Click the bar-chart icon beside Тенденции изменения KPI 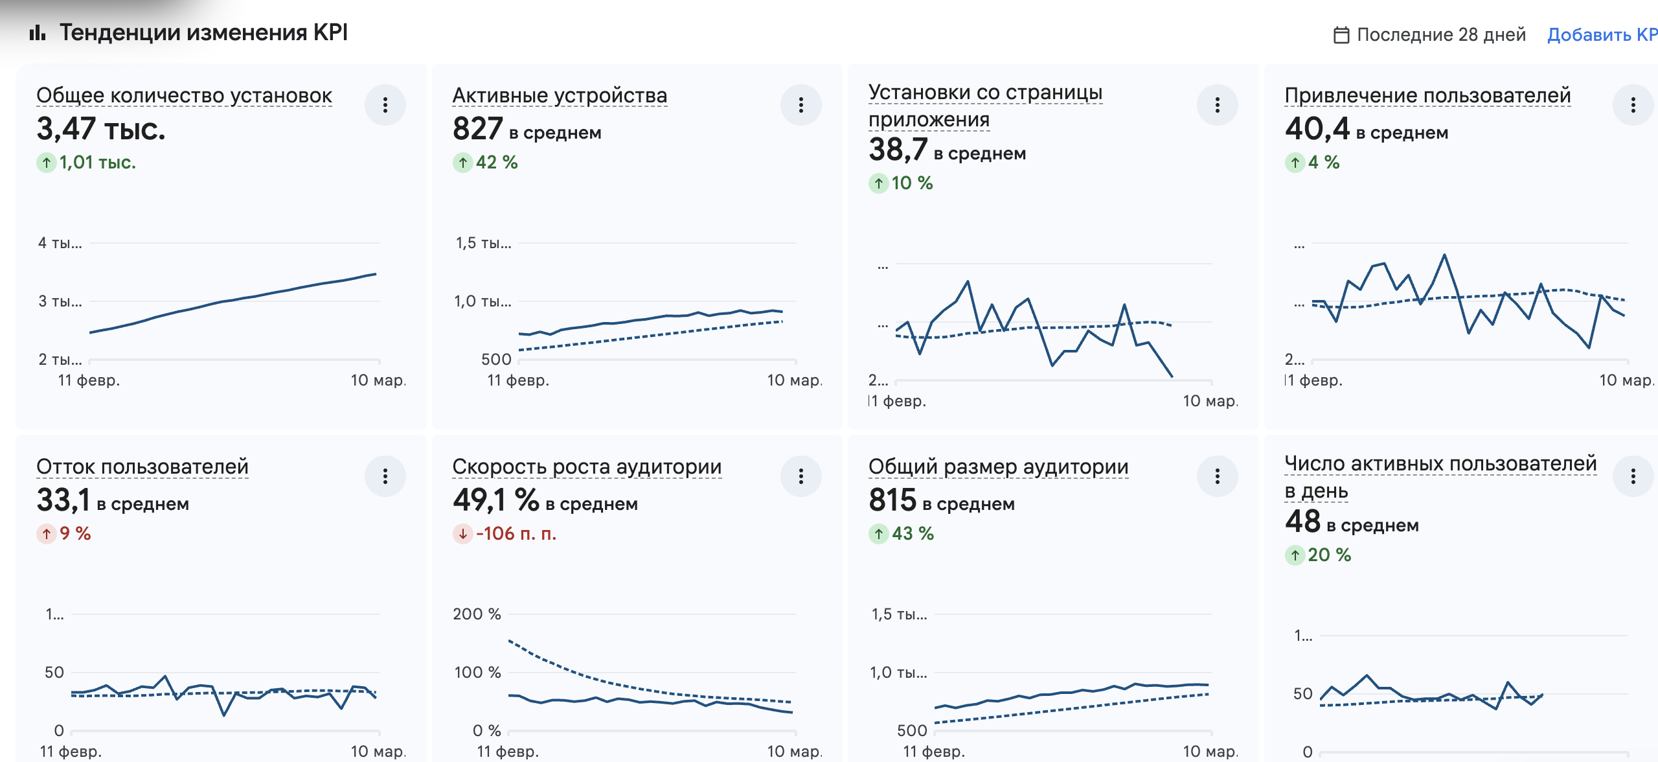click(x=38, y=32)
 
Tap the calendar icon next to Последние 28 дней click(x=1341, y=35)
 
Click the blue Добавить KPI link click(x=1602, y=34)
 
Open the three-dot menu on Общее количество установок click(x=385, y=105)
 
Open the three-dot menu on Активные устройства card click(x=801, y=105)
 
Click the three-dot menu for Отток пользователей click(x=385, y=476)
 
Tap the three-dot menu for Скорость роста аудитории click(x=801, y=476)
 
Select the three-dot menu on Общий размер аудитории click(x=1218, y=476)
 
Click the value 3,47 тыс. click(x=101, y=129)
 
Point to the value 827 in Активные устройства click(x=478, y=129)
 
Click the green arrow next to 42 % click(x=462, y=163)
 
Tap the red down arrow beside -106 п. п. click(x=462, y=534)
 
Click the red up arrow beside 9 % click(x=47, y=534)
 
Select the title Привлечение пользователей click(x=1427, y=95)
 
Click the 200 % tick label click(x=477, y=614)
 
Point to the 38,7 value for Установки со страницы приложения click(x=898, y=150)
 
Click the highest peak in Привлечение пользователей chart click(x=1444, y=255)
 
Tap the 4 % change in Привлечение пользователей click(x=1323, y=163)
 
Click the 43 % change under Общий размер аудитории click(x=913, y=534)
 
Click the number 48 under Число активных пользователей click(x=1302, y=522)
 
